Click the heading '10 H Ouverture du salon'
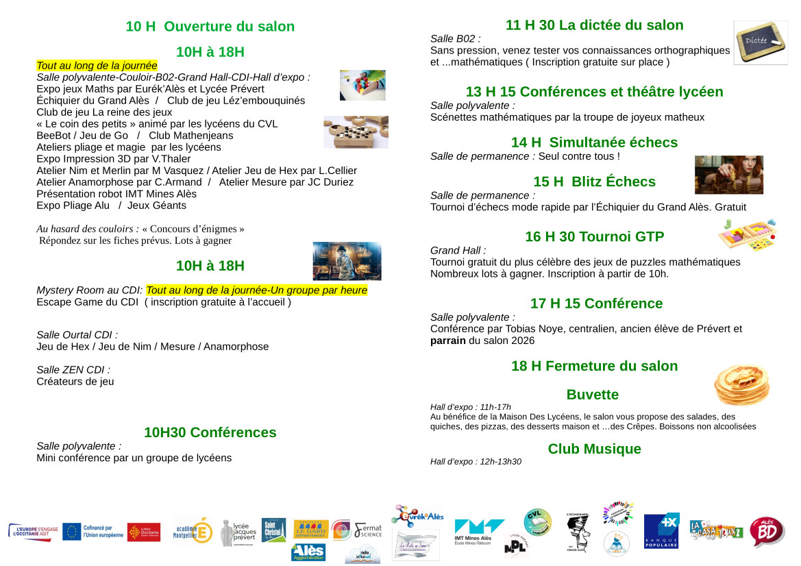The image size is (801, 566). (210, 27)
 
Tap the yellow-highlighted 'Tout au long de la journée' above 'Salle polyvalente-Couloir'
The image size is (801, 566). (97, 66)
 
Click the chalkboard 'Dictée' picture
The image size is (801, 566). (760, 42)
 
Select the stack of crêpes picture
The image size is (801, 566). (741, 384)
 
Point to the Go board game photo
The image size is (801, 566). (356, 132)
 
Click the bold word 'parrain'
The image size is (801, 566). (448, 341)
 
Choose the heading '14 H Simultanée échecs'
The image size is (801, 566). (594, 143)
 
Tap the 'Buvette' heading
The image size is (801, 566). (592, 395)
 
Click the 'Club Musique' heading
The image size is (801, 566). (594, 449)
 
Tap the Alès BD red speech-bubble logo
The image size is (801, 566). (767, 532)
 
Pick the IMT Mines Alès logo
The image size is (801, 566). (479, 531)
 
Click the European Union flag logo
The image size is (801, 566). (72, 532)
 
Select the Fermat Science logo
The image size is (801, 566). (368, 530)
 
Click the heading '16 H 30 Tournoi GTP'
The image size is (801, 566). (594, 237)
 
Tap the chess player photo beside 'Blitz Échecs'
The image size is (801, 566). (728, 175)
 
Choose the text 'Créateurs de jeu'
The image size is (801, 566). (75, 382)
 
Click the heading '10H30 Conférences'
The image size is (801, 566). (210, 432)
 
